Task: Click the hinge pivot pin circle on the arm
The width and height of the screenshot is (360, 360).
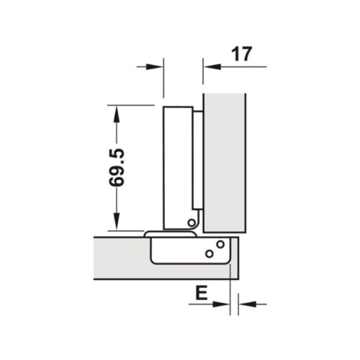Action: point(191,223)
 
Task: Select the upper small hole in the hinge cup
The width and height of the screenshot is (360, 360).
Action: point(216,246)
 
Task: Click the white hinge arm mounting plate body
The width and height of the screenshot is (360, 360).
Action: point(176,166)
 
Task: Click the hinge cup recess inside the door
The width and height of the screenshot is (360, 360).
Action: point(180,252)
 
